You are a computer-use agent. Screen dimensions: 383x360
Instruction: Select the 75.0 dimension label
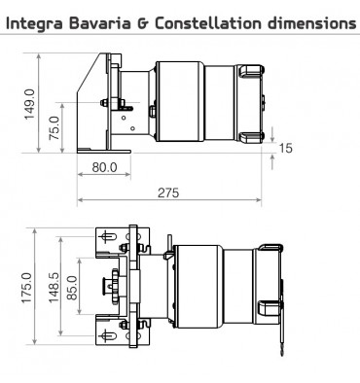(x=54, y=126)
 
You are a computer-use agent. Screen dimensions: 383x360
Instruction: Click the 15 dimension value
(x=286, y=148)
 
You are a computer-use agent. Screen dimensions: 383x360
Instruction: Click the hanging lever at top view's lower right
(x=281, y=335)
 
